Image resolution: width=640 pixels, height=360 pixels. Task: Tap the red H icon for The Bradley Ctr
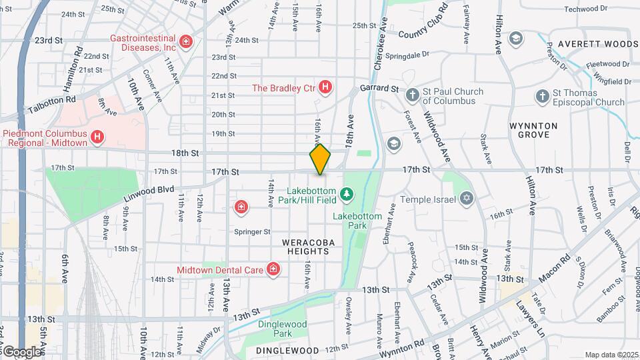pos(325,87)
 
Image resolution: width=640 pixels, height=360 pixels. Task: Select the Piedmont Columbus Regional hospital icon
pos(97,137)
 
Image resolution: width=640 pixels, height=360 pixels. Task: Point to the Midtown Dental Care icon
pos(272,269)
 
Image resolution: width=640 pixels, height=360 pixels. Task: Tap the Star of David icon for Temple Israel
pos(467,199)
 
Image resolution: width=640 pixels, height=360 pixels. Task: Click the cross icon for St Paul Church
pos(413,96)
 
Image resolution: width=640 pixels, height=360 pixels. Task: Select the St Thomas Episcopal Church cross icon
pos(542,97)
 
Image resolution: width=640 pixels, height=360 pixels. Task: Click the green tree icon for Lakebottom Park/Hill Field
pos(346,194)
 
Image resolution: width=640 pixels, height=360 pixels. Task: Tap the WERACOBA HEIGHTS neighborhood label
pos(305,247)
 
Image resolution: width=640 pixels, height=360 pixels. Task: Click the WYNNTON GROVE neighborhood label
pos(538,129)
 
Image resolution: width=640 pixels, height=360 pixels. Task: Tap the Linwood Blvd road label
pos(146,191)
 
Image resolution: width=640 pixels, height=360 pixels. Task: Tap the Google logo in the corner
pos(21,351)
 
